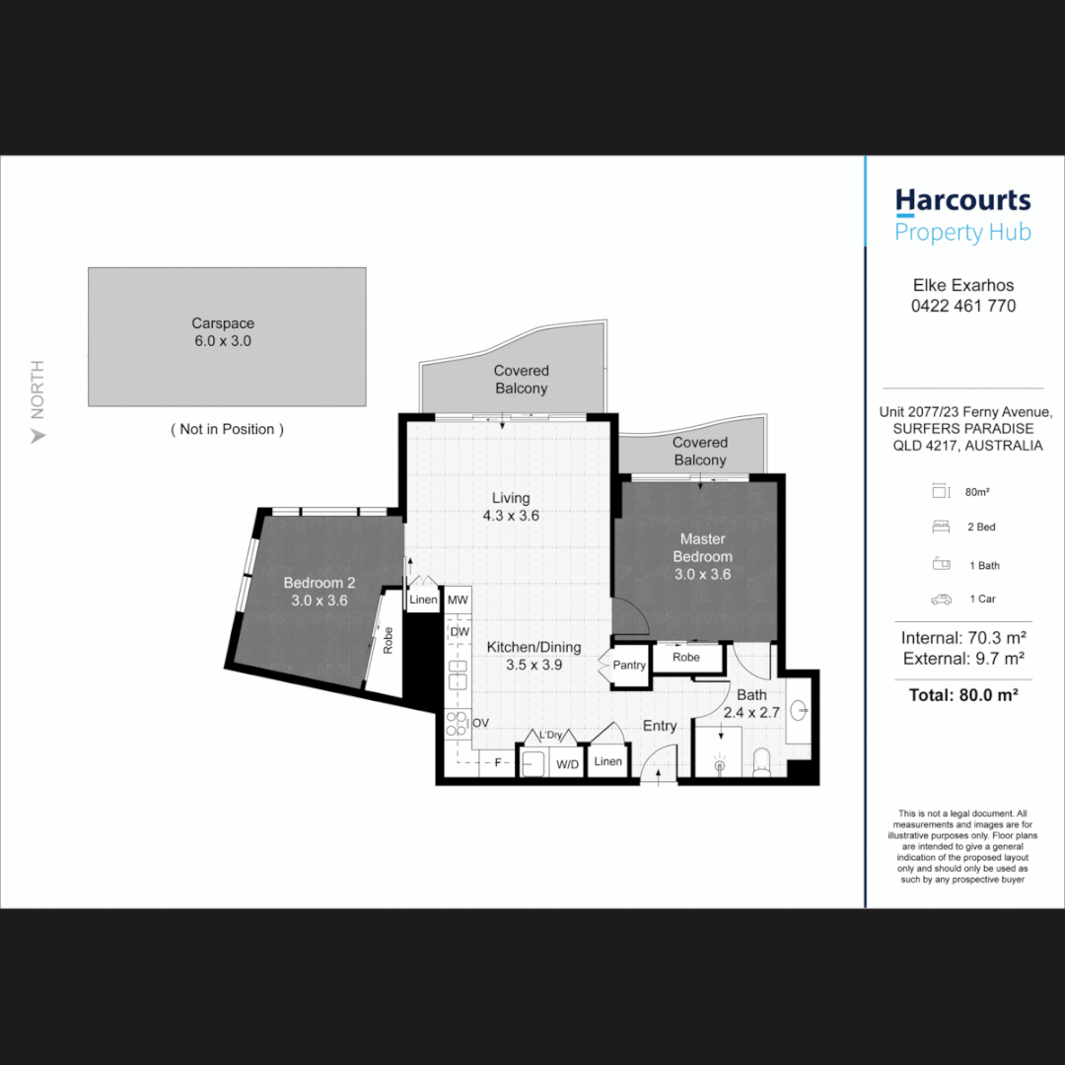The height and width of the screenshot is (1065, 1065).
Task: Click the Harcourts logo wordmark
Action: click(x=962, y=201)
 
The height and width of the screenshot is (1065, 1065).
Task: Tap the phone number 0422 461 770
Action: click(x=962, y=306)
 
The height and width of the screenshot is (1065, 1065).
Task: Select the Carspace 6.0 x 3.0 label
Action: click(x=223, y=332)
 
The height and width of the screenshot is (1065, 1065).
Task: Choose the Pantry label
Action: click(x=629, y=666)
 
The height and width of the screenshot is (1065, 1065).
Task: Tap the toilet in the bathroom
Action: click(x=760, y=761)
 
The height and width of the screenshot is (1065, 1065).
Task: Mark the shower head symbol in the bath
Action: click(x=719, y=764)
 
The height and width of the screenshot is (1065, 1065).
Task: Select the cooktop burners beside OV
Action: click(x=457, y=724)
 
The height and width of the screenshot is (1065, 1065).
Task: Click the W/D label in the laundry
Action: click(x=567, y=763)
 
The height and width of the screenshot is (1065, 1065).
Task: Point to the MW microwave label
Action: click(x=458, y=600)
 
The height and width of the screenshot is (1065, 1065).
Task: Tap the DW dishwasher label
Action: click(x=459, y=631)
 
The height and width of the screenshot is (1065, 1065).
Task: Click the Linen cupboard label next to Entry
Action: click(x=608, y=761)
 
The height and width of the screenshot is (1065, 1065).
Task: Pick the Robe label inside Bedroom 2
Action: click(x=388, y=641)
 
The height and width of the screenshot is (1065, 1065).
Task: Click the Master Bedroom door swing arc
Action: click(x=631, y=616)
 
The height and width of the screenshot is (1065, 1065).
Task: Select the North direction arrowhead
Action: click(x=38, y=435)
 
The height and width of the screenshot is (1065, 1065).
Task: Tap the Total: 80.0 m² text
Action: click(x=962, y=694)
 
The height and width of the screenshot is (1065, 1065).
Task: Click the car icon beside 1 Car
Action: click(x=941, y=599)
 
